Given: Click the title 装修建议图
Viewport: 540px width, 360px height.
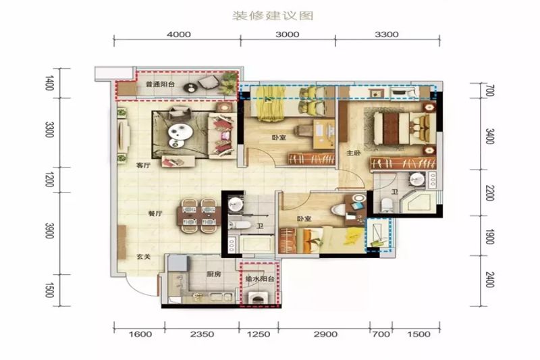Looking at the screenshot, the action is point(273,16).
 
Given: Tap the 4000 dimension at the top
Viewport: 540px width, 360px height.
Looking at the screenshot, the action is point(178,34).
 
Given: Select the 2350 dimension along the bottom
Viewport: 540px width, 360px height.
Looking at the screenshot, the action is point(202,334).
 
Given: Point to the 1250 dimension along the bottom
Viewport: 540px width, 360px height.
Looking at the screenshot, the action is point(259,334).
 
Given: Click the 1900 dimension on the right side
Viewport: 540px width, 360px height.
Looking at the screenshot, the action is point(490,236).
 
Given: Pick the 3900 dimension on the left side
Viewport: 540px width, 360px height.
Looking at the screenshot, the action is point(49,230).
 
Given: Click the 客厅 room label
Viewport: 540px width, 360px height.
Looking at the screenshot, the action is point(143,165).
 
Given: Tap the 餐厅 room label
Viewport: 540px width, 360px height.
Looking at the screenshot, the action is point(155,213).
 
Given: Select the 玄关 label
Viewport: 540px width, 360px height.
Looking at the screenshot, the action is point(143,257).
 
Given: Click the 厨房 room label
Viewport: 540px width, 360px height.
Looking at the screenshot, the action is point(213,274).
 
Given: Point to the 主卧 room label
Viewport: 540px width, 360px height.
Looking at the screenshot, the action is point(353,153).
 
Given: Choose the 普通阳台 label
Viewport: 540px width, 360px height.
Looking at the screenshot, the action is point(160,84).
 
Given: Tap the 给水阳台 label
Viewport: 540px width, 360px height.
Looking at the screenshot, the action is point(260,279).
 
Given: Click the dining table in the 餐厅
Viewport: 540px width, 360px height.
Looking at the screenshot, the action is point(198,215).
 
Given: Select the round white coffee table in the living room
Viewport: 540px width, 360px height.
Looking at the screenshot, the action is point(180,131).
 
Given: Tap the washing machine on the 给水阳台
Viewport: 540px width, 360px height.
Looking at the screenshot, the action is point(259,299).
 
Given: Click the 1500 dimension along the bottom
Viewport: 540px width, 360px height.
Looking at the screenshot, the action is point(418,334).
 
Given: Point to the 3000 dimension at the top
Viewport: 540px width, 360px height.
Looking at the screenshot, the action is point(288,34).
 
